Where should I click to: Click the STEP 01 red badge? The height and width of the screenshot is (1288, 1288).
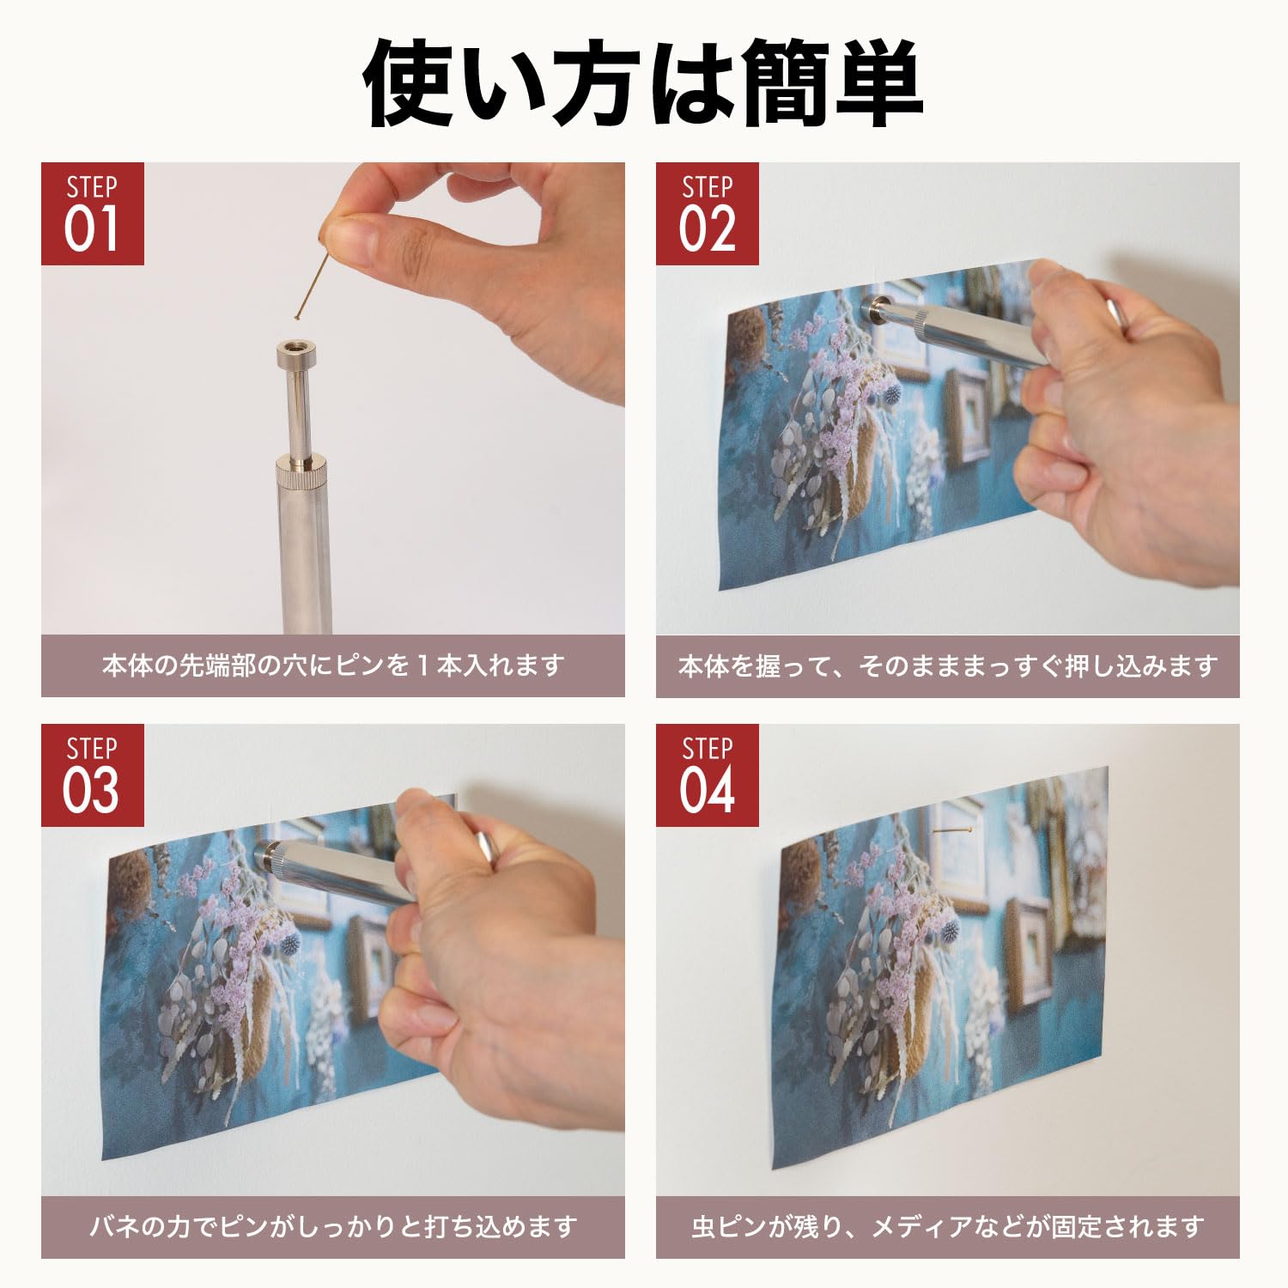pyautogui.click(x=92, y=214)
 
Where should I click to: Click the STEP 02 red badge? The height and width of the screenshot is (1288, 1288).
pyautogui.click(x=707, y=214)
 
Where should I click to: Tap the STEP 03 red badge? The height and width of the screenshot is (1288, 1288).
pyautogui.click(x=92, y=775)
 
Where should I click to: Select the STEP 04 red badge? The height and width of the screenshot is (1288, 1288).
pyautogui.click(x=707, y=775)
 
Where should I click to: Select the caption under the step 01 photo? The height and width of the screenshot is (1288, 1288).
pyautogui.click(x=332, y=665)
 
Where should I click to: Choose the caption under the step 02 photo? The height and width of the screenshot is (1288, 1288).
pyautogui.click(x=947, y=665)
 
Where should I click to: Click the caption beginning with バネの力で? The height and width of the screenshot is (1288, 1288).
pyautogui.click(x=332, y=1226)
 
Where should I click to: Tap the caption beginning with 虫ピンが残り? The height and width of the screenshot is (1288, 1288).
pyautogui.click(x=947, y=1226)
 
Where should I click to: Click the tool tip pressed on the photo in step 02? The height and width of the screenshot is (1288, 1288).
pyautogui.click(x=875, y=307)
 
